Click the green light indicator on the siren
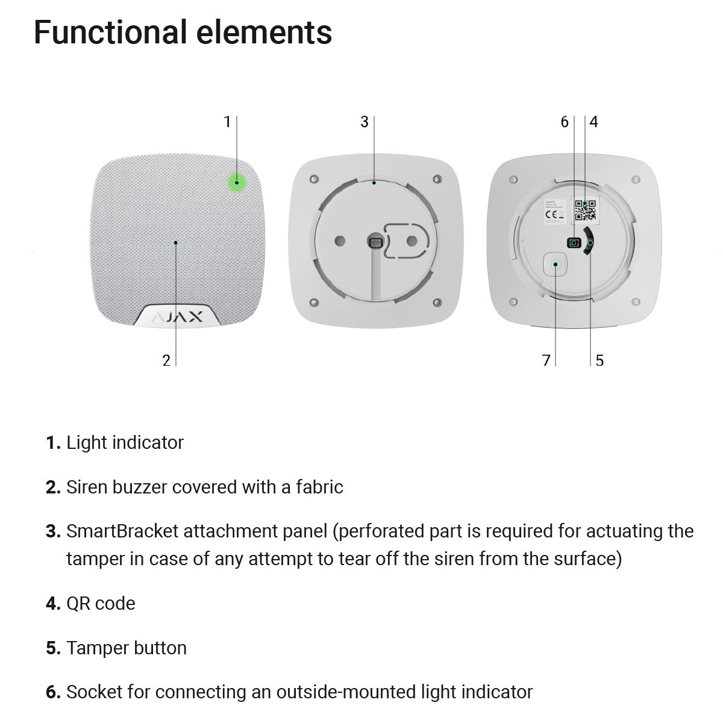point(237,182)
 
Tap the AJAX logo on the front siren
point(177,318)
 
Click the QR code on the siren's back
point(585,210)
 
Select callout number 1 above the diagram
point(227,122)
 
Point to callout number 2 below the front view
point(166,360)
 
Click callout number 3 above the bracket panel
point(364,122)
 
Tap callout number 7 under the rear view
point(546,360)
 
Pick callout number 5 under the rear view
point(599,360)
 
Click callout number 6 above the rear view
point(565,122)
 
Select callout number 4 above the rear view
point(593,122)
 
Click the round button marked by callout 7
point(555,264)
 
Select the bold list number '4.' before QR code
point(53,604)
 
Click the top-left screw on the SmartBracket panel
point(313,179)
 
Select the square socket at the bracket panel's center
point(374,242)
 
